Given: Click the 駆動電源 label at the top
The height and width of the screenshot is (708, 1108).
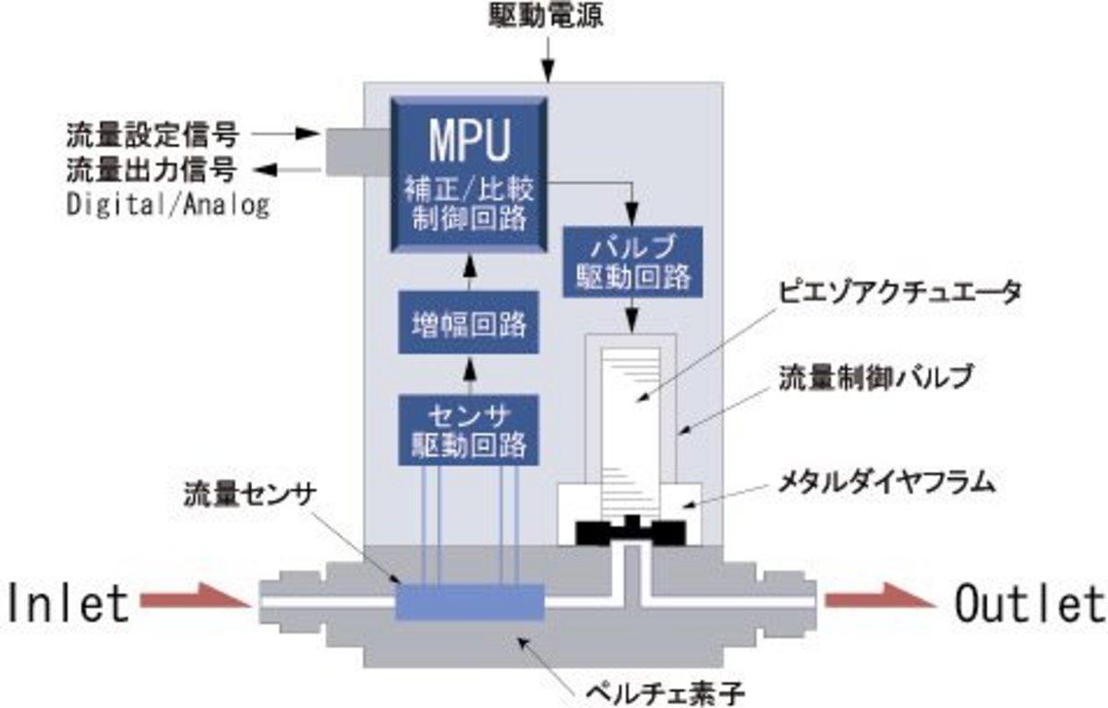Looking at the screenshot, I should point(549,17).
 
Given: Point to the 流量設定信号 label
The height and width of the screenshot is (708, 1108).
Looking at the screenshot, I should point(152,135).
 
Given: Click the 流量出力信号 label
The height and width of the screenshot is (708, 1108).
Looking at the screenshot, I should point(152,170).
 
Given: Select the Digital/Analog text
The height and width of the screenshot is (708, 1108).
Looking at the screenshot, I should point(167,204).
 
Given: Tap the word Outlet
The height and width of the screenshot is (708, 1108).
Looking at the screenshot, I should point(1029,604).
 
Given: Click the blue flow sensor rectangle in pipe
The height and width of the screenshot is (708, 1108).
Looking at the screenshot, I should point(468,602).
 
